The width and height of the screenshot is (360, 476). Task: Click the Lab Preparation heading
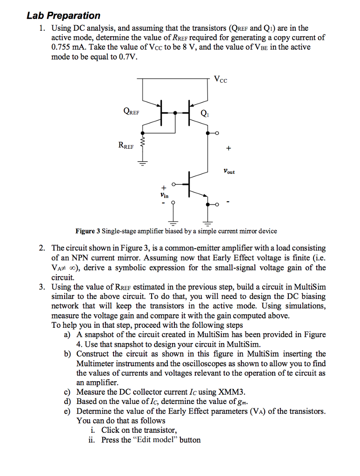pos(63,16)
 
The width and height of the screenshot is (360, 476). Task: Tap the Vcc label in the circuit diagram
pos(221,79)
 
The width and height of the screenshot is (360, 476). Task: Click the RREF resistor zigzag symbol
pos(143,142)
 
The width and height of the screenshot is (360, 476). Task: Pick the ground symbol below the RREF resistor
pos(143,163)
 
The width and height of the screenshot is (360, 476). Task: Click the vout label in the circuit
pos(229,172)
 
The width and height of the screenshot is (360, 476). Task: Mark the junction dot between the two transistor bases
pos(175,112)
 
